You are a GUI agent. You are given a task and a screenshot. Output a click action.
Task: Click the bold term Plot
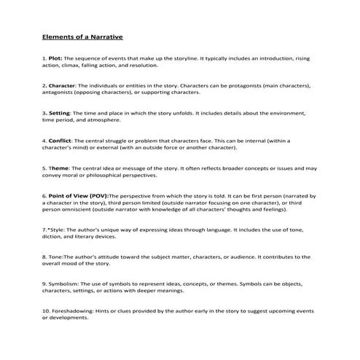56,57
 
